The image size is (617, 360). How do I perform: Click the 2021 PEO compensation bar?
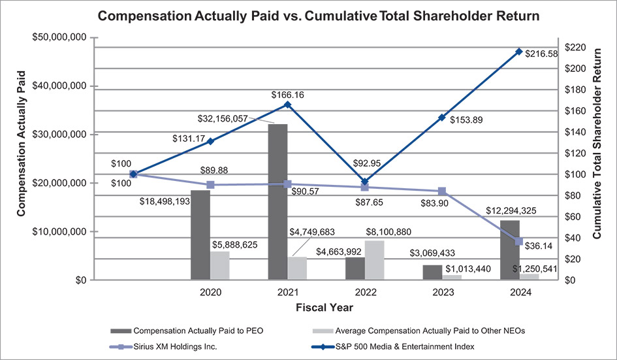[x=277, y=202]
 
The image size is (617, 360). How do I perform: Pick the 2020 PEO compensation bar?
[x=200, y=235]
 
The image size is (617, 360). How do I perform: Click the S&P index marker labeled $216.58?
[x=518, y=52]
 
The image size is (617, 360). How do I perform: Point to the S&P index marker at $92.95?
[x=365, y=182]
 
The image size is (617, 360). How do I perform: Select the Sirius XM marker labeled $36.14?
[x=518, y=242]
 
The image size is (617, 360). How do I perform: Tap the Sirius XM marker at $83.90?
[x=442, y=191]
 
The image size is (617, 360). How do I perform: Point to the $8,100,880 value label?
[x=385, y=231]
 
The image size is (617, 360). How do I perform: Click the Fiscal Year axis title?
[x=324, y=306]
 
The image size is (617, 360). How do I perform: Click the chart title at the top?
[x=308, y=16]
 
